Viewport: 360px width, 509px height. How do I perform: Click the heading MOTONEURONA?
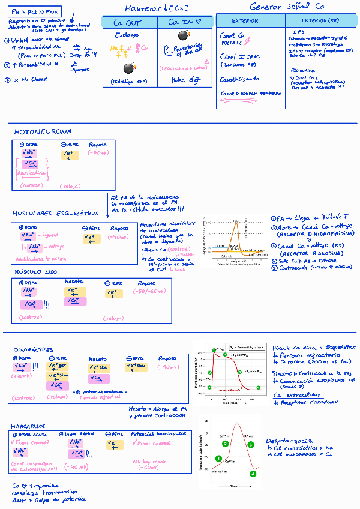click(43, 131)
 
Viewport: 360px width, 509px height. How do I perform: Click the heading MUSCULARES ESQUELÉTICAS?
click(55, 214)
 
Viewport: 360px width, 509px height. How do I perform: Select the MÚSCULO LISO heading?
click(36, 271)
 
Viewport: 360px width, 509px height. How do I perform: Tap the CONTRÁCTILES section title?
click(34, 349)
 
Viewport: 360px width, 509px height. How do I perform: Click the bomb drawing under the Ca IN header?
click(183, 36)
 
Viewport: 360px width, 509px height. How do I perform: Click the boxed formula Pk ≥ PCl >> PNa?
click(35, 11)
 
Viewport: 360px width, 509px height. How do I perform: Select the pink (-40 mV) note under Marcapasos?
click(78, 466)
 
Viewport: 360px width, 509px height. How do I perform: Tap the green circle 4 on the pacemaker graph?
click(253, 474)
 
